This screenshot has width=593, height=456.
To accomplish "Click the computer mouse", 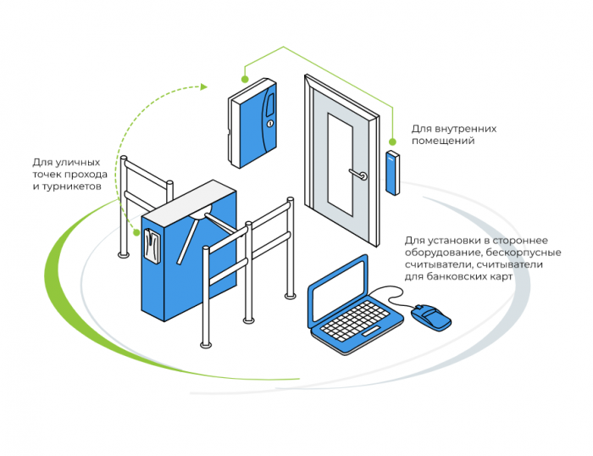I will [x=431, y=319].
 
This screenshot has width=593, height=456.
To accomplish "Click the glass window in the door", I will [x=341, y=158].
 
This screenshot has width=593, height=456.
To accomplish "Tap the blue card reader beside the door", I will [x=392, y=172].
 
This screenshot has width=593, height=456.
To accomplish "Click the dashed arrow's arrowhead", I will [x=203, y=86].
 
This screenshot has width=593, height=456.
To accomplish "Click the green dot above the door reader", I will [x=392, y=141].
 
